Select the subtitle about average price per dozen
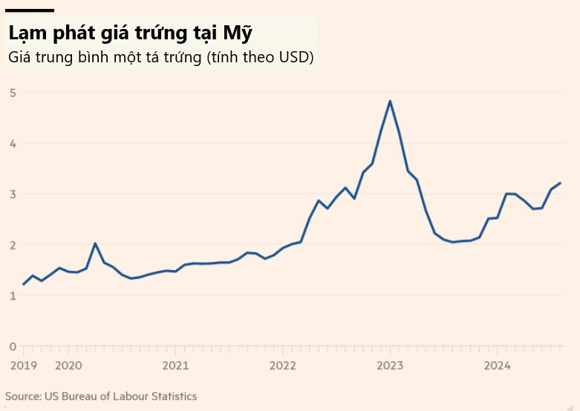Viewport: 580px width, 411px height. (x=160, y=56)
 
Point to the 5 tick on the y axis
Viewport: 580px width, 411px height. (x=13, y=93)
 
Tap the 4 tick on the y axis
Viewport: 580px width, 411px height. (x=13, y=143)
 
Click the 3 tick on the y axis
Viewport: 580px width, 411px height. (x=13, y=194)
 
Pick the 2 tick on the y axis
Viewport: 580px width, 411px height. (x=13, y=245)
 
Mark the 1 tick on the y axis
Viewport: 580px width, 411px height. (x=13, y=295)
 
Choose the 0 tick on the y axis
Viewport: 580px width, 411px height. (x=13, y=346)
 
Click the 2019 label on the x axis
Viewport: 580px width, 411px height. (x=23, y=365)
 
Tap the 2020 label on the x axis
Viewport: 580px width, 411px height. (x=68, y=365)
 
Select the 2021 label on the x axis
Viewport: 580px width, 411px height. (x=175, y=365)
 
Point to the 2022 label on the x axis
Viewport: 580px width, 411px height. (x=283, y=365)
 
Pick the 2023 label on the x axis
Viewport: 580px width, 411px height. (x=390, y=365)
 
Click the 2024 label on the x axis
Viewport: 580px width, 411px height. (x=497, y=365)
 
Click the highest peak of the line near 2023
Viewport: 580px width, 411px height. (x=390, y=102)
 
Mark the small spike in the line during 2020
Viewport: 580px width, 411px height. (x=95, y=243)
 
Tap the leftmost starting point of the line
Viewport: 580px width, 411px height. (x=24, y=284)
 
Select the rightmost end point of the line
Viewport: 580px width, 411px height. (x=560, y=183)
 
